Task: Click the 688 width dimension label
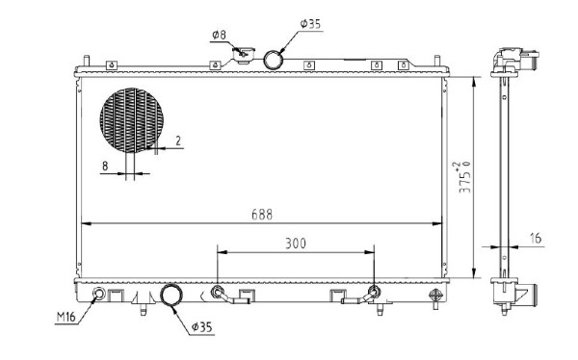click(x=262, y=215)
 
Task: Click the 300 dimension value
click(x=296, y=244)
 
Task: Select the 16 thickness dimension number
click(x=536, y=238)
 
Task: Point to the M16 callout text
click(x=66, y=317)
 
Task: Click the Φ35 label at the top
click(x=310, y=24)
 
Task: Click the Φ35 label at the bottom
click(x=202, y=327)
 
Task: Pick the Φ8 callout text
click(x=219, y=36)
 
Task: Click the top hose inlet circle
click(x=274, y=60)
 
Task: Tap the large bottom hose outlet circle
click(x=171, y=296)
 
